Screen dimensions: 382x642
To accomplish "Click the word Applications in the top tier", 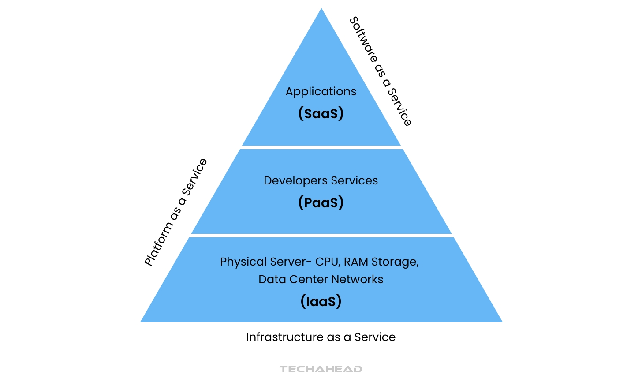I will click(x=321, y=92).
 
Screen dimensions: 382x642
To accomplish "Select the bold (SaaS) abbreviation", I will click(x=321, y=113).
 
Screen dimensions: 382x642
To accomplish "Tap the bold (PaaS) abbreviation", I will click(x=321, y=202).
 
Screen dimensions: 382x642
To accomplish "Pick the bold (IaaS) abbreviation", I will click(x=321, y=301).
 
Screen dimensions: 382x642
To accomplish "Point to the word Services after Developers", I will click(x=354, y=180).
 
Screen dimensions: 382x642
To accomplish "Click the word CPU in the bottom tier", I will click(x=327, y=262).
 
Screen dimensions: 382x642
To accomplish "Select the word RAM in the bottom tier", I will click(x=356, y=262).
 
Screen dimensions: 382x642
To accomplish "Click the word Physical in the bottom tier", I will click(x=243, y=262).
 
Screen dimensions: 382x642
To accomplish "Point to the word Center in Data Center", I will click(x=309, y=279).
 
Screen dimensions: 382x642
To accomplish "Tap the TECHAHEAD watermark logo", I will click(x=321, y=369).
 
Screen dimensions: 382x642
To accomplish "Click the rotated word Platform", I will click(x=158, y=243).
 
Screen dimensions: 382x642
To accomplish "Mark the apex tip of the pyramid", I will click(x=321, y=9).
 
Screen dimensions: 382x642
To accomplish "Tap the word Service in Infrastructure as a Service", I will click(x=375, y=337).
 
